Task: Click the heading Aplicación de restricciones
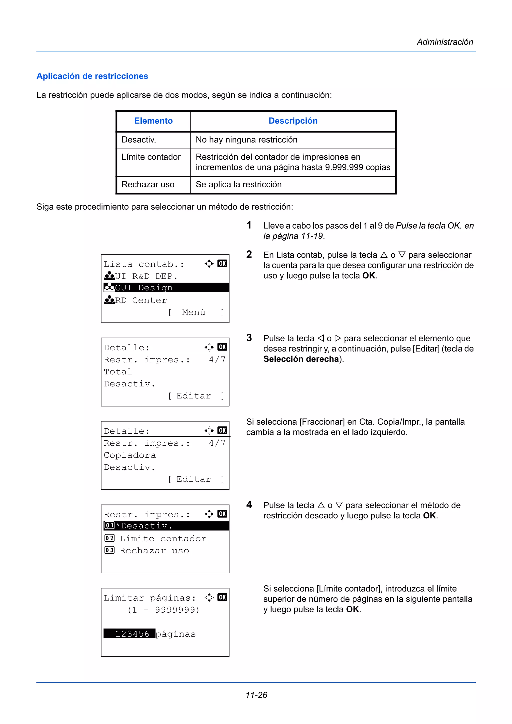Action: pyautogui.click(x=92, y=76)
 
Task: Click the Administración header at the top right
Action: pyautogui.click(x=444, y=42)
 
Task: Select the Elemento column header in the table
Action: pyautogui.click(x=153, y=121)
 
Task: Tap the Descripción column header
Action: pyautogui.click(x=293, y=121)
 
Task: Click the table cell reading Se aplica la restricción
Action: pyautogui.click(x=238, y=184)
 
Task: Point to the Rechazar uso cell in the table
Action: pyautogui.click(x=148, y=184)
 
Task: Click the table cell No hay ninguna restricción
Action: pyautogui.click(x=246, y=140)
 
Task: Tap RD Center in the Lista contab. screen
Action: pyautogui.click(x=140, y=300)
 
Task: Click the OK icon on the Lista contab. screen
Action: pyautogui.click(x=222, y=263)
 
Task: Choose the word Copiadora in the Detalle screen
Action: pyautogui.click(x=130, y=455)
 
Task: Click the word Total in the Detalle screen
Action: pyautogui.click(x=118, y=372)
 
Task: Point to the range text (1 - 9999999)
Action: pyautogui.click(x=163, y=610)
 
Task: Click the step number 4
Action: pyautogui.click(x=249, y=505)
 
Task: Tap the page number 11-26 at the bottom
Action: pyautogui.click(x=256, y=695)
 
